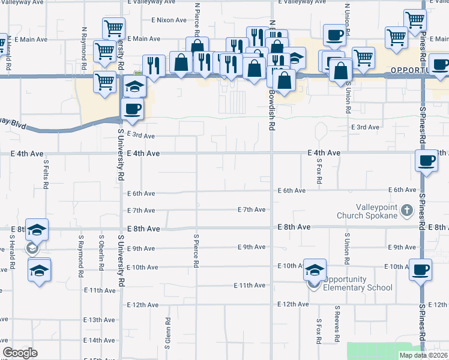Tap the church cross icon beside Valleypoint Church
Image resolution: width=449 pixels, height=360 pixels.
[x=407, y=210]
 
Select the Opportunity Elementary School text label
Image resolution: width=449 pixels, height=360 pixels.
[x=358, y=283]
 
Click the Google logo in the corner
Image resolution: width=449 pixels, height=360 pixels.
[x=20, y=353]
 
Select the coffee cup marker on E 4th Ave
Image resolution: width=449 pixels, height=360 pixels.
[x=426, y=160]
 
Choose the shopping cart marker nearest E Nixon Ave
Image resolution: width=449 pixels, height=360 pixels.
[x=113, y=28]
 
